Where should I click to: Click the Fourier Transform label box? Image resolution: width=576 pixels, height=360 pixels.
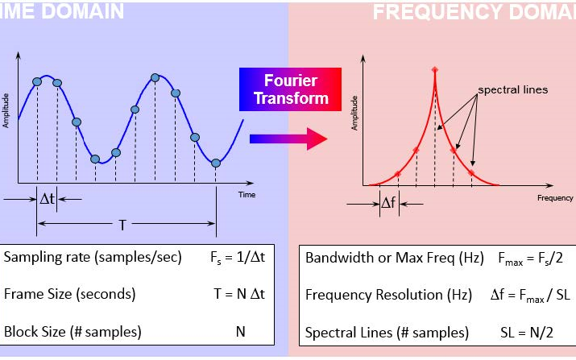pyautogui.click(x=290, y=89)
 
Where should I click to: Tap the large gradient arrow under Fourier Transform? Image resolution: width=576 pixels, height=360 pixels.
pyautogui.click(x=289, y=139)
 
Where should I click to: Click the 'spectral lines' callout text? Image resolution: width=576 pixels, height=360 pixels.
pyautogui.click(x=512, y=89)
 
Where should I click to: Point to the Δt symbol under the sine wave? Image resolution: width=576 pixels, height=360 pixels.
pyautogui.click(x=48, y=198)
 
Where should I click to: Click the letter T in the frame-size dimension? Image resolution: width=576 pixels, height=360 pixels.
pyautogui.click(x=122, y=225)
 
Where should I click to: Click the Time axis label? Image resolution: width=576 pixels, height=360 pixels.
pyautogui.click(x=247, y=194)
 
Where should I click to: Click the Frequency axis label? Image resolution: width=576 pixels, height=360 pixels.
pyautogui.click(x=555, y=197)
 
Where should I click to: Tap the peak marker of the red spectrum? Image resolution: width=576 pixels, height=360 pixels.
pyautogui.click(x=435, y=69)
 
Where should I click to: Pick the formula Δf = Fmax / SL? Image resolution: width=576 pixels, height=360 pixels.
pyautogui.click(x=524, y=295)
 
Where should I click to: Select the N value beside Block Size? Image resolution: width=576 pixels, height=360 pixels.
pyautogui.click(x=239, y=331)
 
